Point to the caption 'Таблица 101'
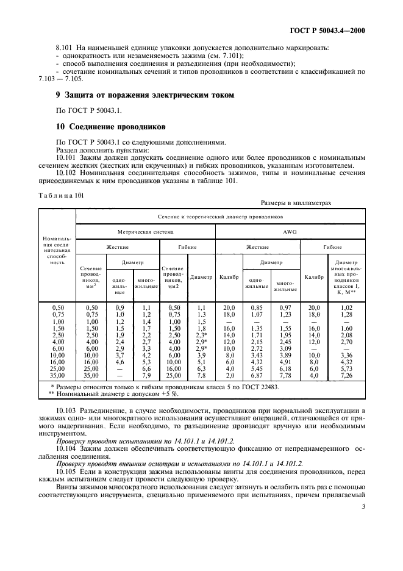tap(61, 196)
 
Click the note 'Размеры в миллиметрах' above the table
tap(296, 204)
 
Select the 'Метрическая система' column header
tap(146, 232)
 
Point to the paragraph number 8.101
tap(64, 46)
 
